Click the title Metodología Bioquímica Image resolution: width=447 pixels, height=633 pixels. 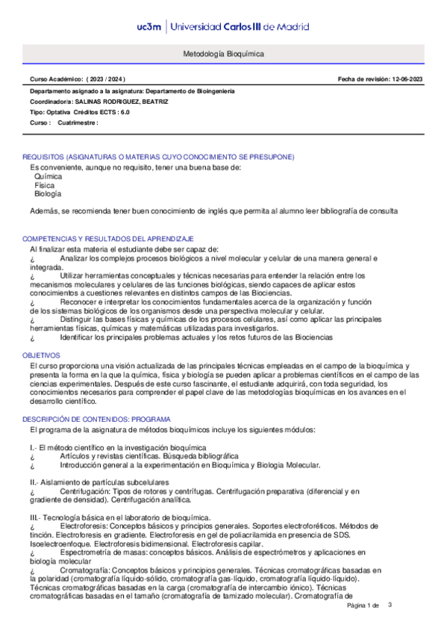pos(223,54)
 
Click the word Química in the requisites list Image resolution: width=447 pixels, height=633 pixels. pos(49,178)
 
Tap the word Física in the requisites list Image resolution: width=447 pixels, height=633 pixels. pos(46,186)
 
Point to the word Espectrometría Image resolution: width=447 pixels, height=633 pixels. pos(90,552)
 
